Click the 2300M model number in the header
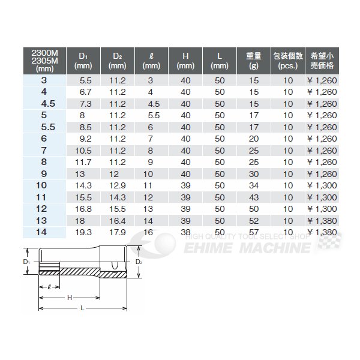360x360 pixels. (38, 52)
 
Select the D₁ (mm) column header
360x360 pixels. (83, 59)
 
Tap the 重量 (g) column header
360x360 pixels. (253, 59)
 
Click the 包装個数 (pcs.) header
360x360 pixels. (287, 59)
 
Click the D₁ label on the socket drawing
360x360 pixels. (27, 263)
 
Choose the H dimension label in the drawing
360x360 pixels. (69, 298)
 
